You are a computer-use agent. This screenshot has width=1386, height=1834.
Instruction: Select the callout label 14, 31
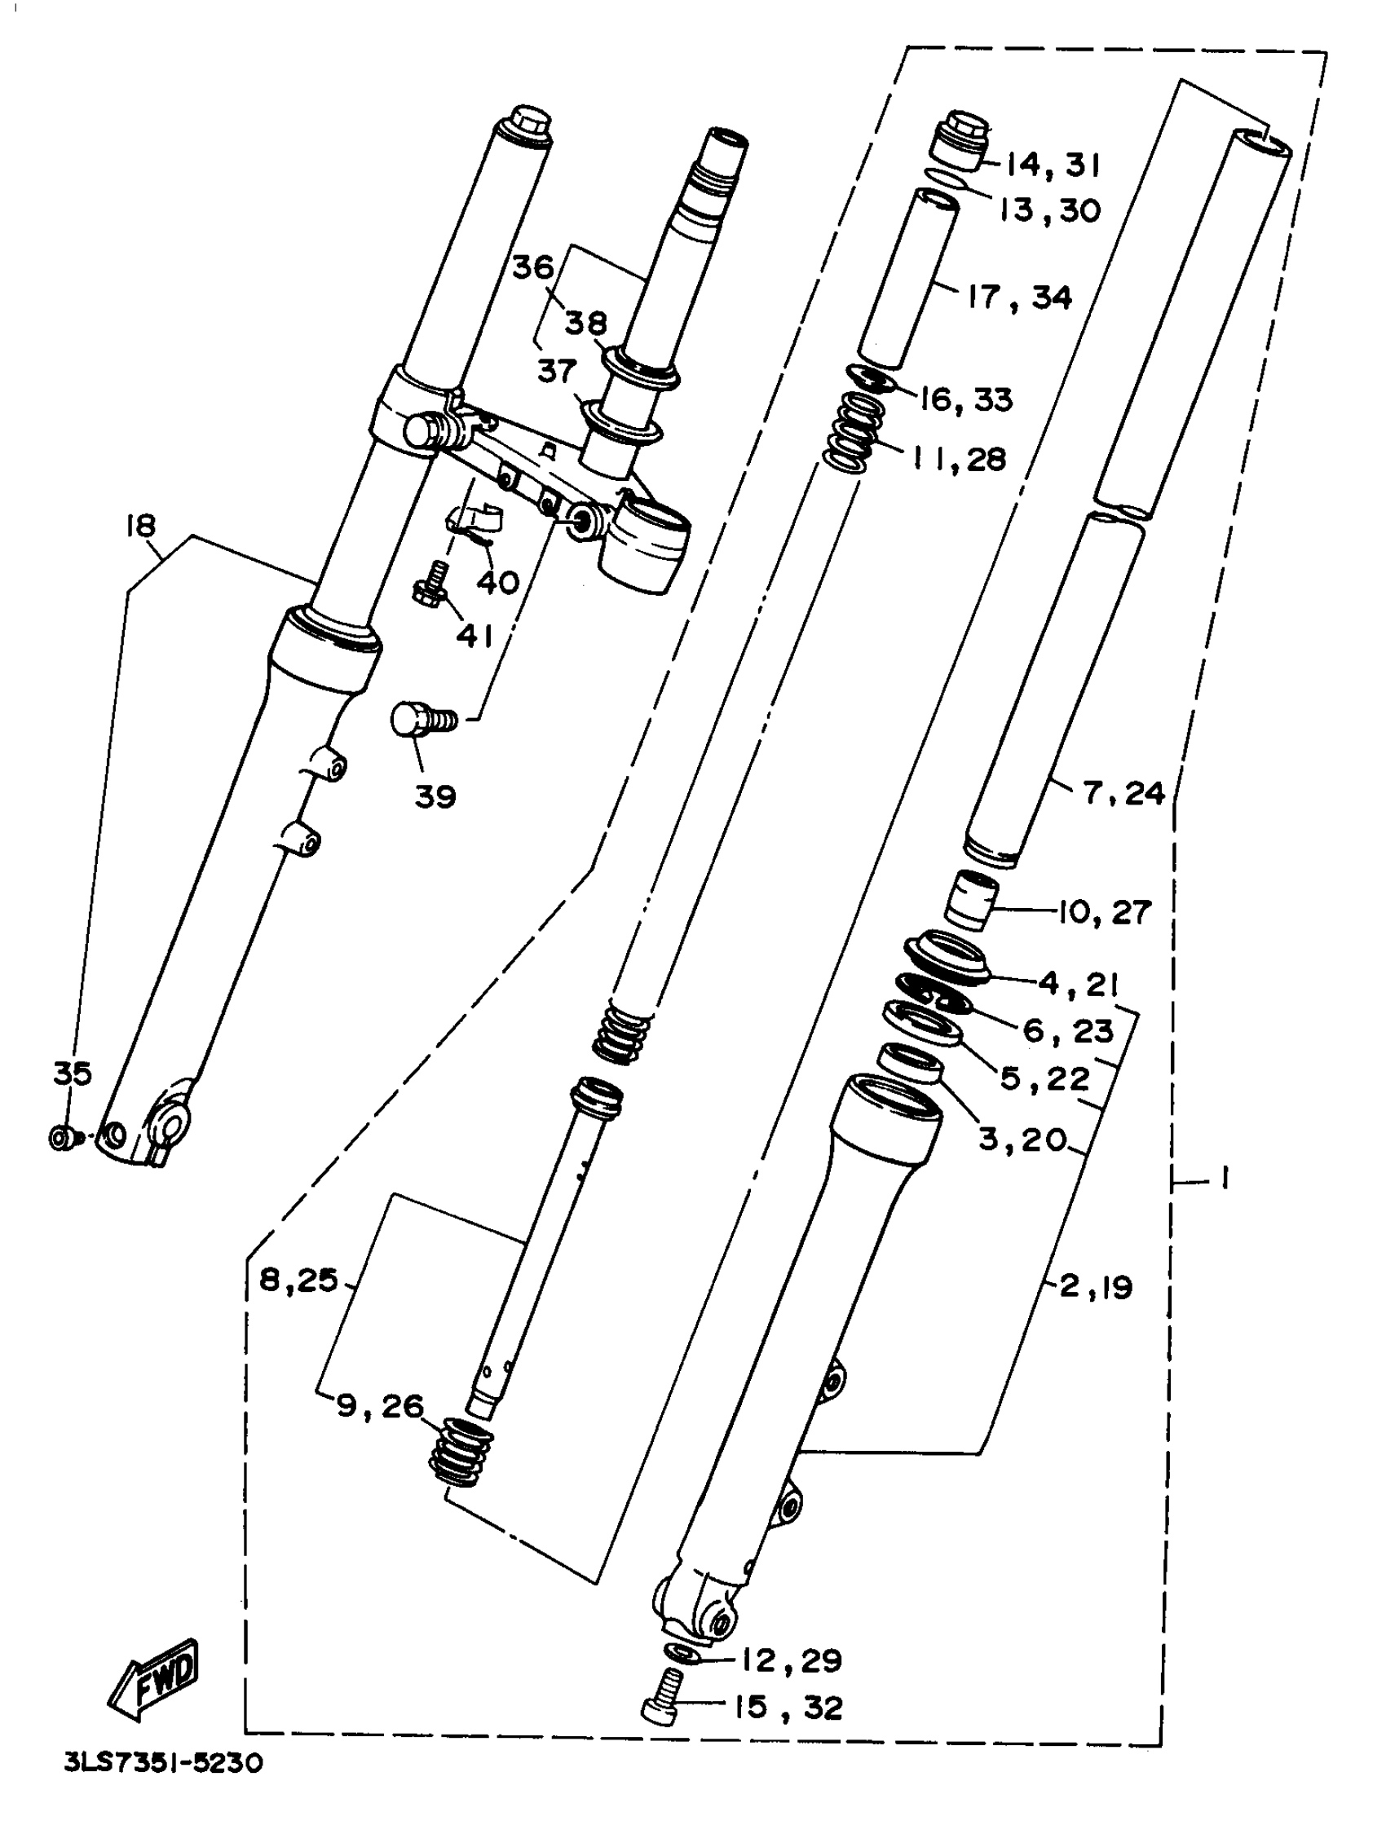click(x=1052, y=165)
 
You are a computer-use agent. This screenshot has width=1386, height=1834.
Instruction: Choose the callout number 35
click(x=73, y=1074)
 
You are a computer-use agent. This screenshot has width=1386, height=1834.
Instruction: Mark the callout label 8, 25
click(x=298, y=1281)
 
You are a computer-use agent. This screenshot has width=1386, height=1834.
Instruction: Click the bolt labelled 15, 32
click(x=664, y=1699)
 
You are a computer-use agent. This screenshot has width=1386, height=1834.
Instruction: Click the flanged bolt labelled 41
click(x=430, y=582)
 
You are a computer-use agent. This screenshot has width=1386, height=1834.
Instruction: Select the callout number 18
click(x=141, y=527)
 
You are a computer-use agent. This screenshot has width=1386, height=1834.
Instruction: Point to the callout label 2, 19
click(x=1096, y=1287)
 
